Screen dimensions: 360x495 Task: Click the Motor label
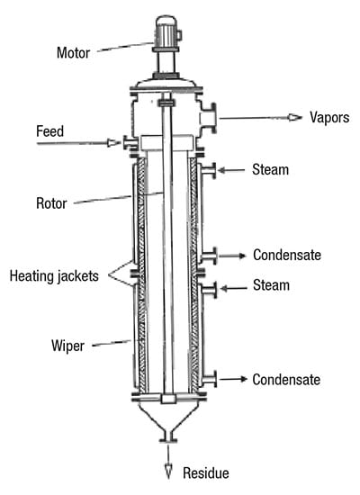coord(73,53)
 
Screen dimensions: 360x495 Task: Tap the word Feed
coord(49,131)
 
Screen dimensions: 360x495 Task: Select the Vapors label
coord(329,117)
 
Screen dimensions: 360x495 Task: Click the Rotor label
coord(51,203)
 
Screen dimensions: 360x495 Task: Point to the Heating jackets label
coord(54,276)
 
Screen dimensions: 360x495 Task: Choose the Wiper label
coord(67,346)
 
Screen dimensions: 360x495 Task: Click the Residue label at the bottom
coord(206,472)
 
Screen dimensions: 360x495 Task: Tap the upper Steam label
coord(270,170)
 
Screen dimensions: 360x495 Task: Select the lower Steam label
coord(271,285)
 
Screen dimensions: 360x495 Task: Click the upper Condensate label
coord(287,255)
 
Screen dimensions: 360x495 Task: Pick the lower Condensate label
coord(286,380)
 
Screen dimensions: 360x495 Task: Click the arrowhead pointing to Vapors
coord(295,117)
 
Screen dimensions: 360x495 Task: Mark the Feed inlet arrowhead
coord(113,143)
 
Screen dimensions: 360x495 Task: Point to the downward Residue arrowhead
coord(168,472)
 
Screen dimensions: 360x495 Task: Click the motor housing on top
coord(166,31)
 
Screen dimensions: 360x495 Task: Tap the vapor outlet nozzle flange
coord(212,118)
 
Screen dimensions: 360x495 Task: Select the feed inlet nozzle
coord(130,143)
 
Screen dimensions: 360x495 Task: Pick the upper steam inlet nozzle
coord(209,170)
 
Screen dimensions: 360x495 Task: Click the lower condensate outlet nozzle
coord(209,379)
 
